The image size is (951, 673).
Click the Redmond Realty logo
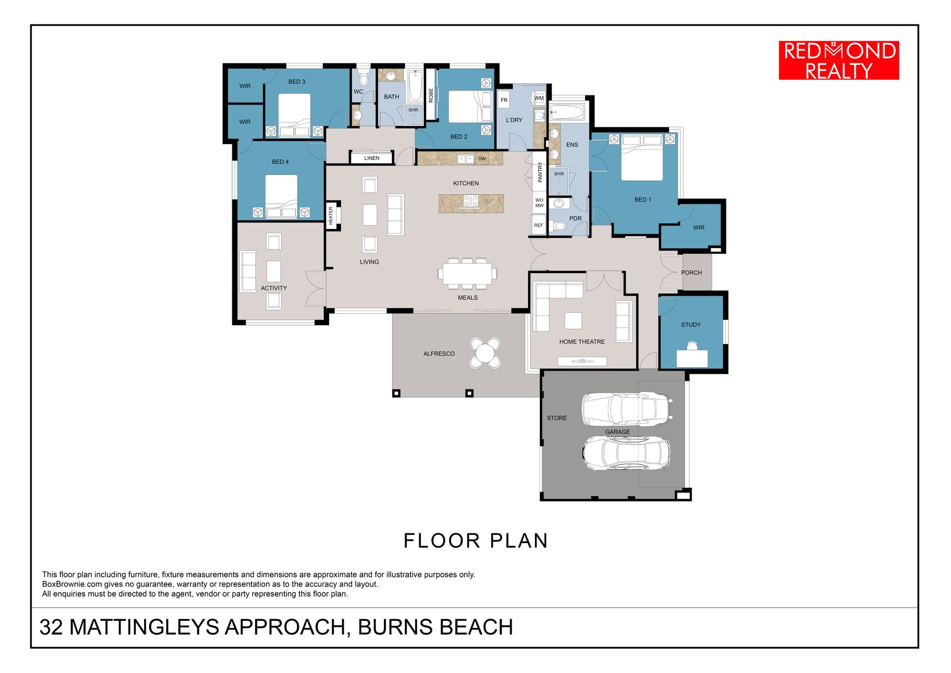839,60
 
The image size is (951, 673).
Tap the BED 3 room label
297,82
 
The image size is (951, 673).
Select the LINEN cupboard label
371,158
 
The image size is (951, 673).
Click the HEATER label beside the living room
331,216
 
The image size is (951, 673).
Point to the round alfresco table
485,353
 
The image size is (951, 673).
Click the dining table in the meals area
467,274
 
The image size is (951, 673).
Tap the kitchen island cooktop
471,201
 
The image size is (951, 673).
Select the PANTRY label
540,172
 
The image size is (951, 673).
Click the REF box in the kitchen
538,225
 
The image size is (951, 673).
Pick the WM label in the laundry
539,98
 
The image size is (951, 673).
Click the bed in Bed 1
642,158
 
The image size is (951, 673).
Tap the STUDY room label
691,325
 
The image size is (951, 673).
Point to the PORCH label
691,273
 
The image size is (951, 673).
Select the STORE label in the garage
557,418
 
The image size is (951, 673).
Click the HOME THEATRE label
582,342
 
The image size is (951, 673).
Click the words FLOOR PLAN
475,541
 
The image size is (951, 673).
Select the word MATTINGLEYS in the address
144,627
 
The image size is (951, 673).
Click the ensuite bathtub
568,112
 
